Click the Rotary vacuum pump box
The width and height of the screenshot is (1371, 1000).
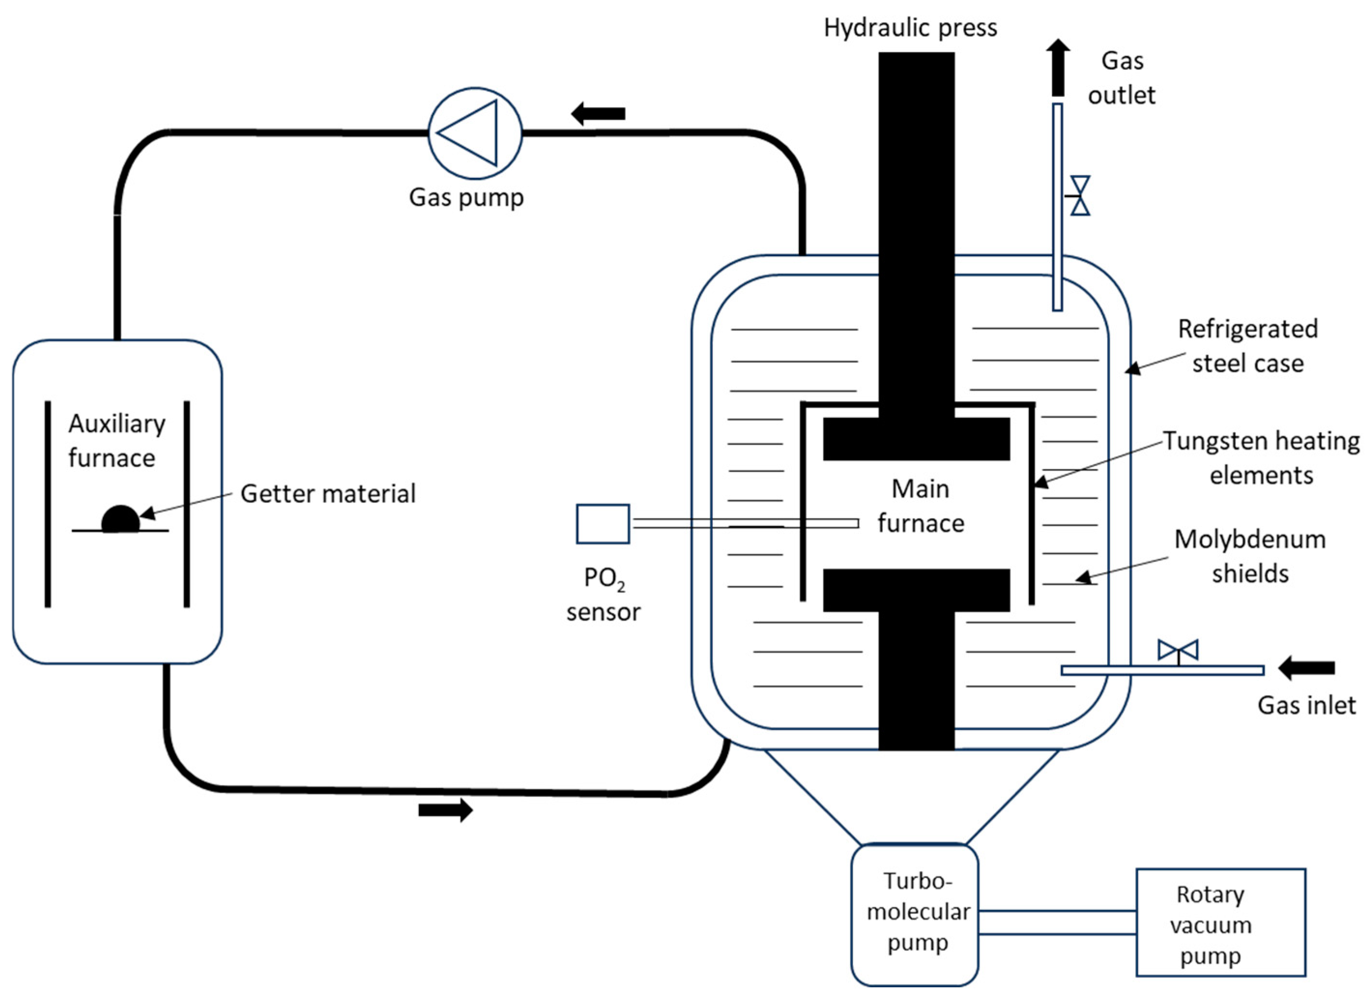1220,923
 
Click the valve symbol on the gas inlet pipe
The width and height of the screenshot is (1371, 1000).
1177,651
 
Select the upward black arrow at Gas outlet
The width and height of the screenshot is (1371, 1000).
1057,67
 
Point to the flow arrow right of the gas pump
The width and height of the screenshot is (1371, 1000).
598,113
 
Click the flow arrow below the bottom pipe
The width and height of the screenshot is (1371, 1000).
446,810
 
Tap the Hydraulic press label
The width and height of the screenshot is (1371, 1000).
910,28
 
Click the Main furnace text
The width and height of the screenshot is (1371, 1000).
921,506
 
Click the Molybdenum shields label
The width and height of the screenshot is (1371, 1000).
1250,556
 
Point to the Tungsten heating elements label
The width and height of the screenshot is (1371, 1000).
1261,458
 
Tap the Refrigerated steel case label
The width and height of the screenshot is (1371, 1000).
1247,346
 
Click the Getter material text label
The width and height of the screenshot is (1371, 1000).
328,494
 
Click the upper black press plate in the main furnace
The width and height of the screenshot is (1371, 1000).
916,439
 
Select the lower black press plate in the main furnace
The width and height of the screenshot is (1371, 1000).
916,590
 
